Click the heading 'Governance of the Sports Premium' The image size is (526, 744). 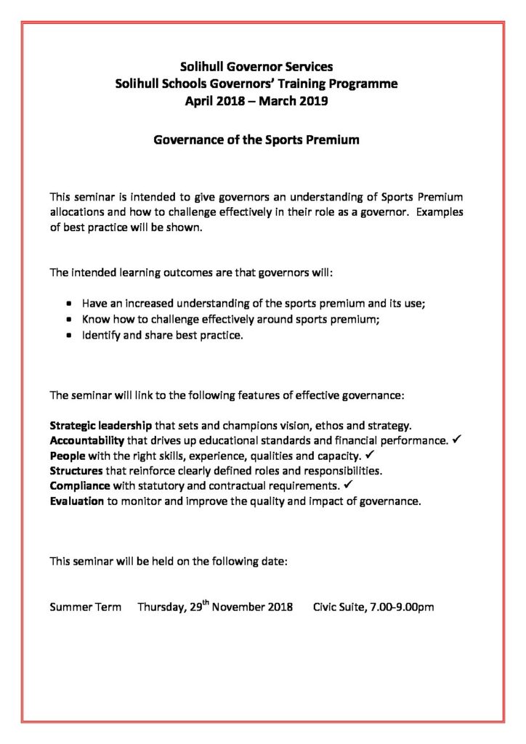pos(256,139)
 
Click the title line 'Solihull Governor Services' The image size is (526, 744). pos(256,67)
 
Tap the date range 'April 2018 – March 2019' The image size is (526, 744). pos(256,101)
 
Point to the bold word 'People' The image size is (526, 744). pos(68,456)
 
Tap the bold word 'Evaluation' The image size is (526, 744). pos(76,501)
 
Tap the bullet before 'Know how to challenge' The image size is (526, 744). pos(68,320)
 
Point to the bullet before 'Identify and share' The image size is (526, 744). pos(68,336)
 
